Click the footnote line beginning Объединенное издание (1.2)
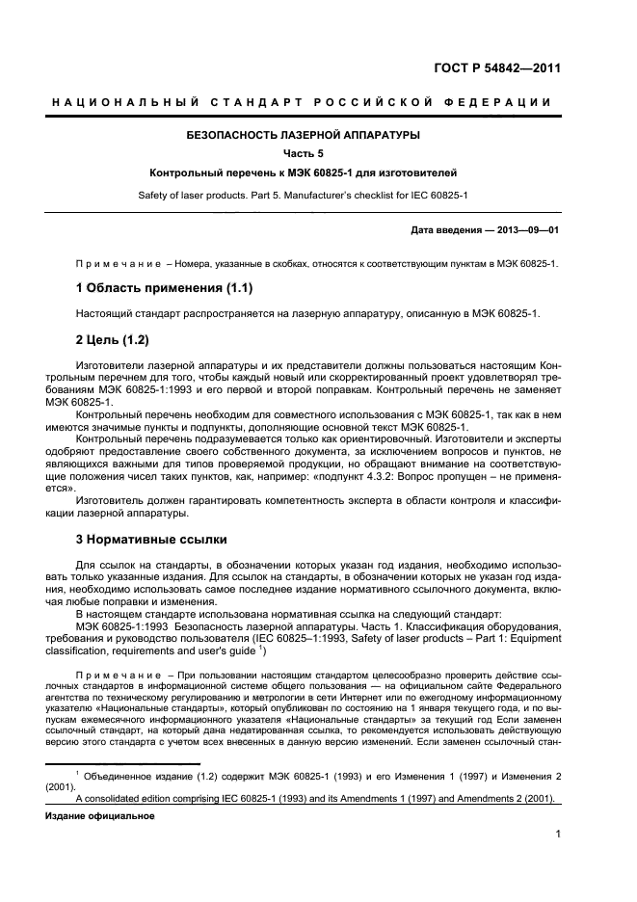(318, 774)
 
